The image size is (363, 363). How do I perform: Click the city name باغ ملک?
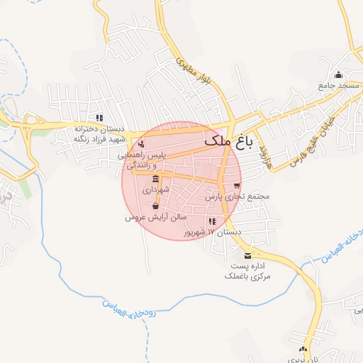tap(228, 142)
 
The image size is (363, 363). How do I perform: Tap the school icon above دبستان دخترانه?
tap(100, 118)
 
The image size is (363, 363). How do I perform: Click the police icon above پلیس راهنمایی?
tap(140, 145)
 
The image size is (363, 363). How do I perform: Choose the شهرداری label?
tap(155, 191)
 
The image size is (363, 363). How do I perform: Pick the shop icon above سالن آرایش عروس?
tap(155, 206)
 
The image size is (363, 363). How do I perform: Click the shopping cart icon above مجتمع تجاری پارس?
tap(237, 186)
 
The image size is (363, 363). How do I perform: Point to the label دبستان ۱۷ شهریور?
tap(213, 232)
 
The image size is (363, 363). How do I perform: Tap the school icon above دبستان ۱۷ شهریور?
tap(211, 221)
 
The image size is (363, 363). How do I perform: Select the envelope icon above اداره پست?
tap(247, 255)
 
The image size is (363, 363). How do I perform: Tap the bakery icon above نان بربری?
tap(303, 350)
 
